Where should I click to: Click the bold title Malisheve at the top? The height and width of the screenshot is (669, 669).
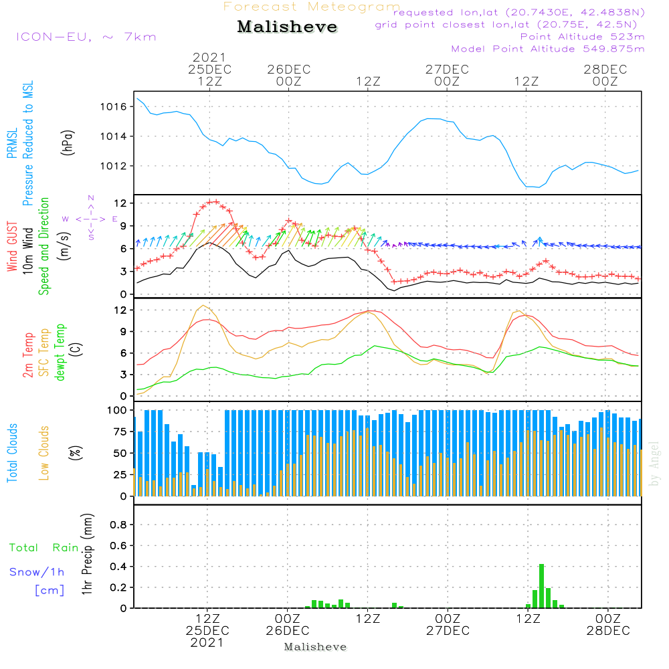[x=287, y=27]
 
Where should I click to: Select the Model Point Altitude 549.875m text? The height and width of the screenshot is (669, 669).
[x=548, y=49]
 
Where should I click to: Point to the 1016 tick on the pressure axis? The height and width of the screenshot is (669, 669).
[x=113, y=107]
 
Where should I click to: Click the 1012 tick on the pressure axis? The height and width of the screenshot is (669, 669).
[x=113, y=166]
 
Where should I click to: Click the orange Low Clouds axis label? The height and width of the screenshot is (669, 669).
[x=44, y=452]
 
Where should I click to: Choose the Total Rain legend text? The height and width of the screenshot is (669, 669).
[x=44, y=548]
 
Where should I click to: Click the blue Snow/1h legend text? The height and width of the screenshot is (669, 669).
[x=37, y=572]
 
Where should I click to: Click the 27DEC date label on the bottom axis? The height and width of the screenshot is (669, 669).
[x=448, y=631]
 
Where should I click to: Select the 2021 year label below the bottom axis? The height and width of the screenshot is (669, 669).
[x=207, y=643]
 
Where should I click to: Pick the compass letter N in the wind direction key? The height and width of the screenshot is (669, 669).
[x=91, y=198]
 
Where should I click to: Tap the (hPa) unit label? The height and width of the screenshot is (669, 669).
[x=68, y=142]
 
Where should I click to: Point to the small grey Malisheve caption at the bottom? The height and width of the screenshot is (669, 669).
[x=316, y=647]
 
